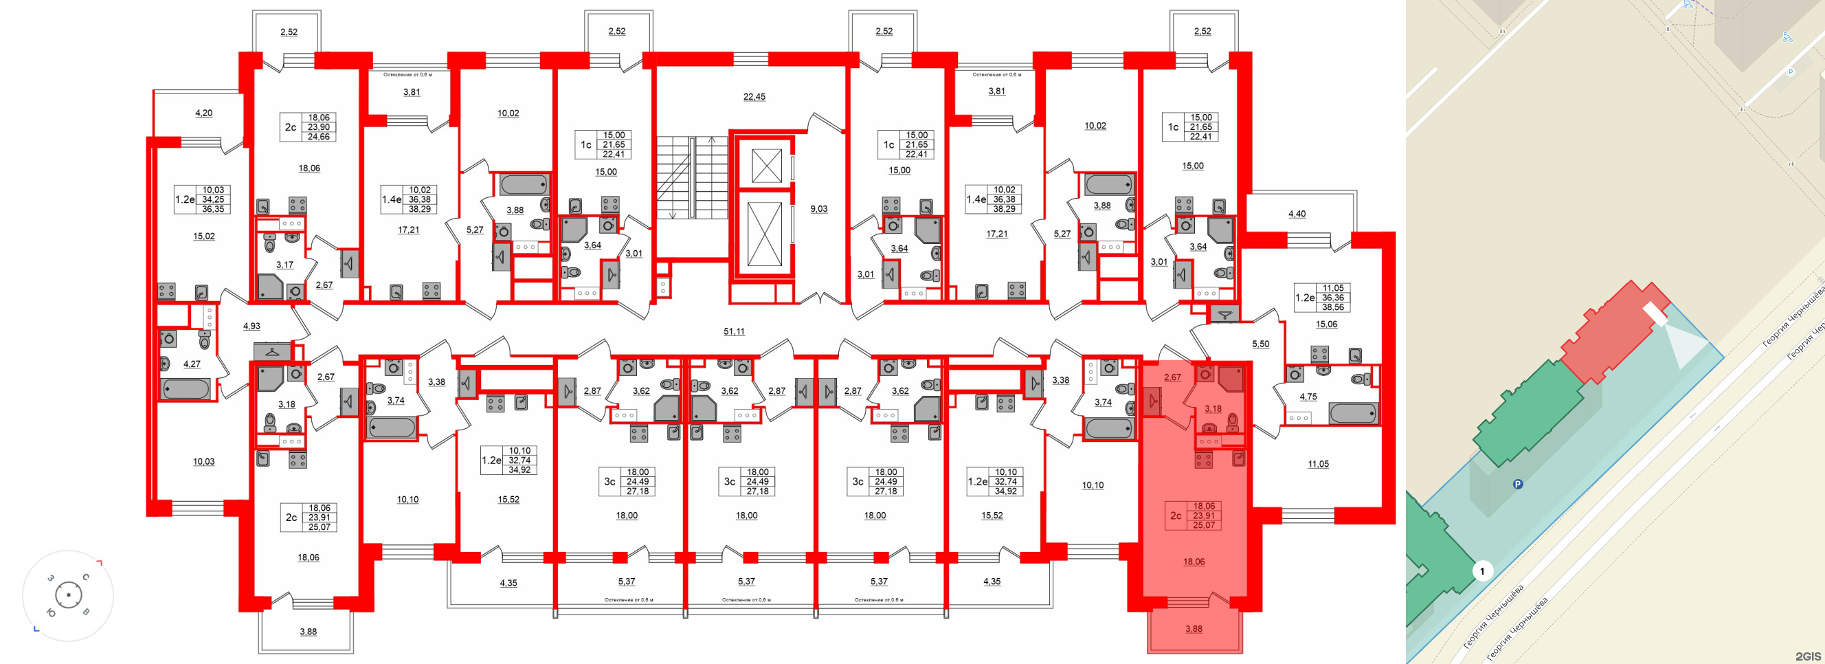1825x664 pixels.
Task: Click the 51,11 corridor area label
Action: coord(733,331)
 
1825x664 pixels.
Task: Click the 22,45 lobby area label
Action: coord(754,96)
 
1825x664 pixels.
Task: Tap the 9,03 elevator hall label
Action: coord(818,208)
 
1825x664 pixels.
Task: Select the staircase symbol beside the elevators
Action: coord(682,178)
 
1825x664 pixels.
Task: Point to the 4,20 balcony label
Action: coord(203,113)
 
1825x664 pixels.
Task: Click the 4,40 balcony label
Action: coord(1297,213)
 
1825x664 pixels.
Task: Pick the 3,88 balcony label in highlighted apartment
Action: coord(1193,628)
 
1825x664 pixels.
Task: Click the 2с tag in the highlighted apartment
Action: coord(1176,516)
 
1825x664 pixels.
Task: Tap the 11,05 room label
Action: coord(1318,464)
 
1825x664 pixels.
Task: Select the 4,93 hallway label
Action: coord(251,326)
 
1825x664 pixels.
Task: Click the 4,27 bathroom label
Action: coord(191,364)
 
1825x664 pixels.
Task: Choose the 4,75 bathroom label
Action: coord(1308,396)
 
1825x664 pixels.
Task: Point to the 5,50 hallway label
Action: coord(1260,344)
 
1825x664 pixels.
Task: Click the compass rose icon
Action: coord(68,595)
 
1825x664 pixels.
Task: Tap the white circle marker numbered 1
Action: coord(1481,571)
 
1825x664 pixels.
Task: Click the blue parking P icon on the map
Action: coord(1518,484)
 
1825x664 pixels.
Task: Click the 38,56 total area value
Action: coord(1332,307)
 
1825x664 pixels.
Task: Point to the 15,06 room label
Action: coord(1326,324)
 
